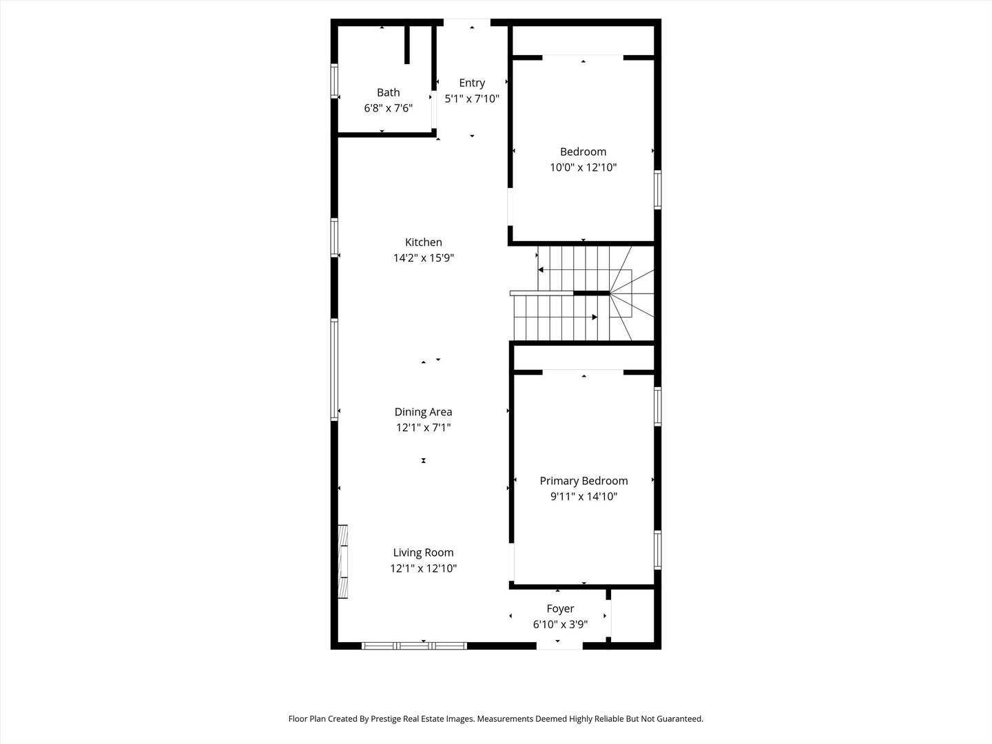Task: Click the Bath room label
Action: coord(388,92)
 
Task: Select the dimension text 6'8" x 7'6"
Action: coord(388,108)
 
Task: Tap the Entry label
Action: coord(472,83)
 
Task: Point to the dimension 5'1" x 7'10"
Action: coord(472,99)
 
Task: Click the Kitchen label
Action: coord(423,242)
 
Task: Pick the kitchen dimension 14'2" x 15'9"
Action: coord(423,258)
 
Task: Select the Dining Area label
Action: coord(423,412)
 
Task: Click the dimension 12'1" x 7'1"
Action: coord(423,428)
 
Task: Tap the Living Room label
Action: coord(423,552)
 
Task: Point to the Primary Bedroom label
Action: coord(583,481)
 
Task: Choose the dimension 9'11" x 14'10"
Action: coord(583,497)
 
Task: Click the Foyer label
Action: coord(560,608)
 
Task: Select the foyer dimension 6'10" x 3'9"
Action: coord(560,625)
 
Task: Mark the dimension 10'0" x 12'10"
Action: coord(583,167)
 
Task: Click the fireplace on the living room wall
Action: coord(342,562)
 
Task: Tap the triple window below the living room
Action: coord(414,645)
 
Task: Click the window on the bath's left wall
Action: coord(334,81)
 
